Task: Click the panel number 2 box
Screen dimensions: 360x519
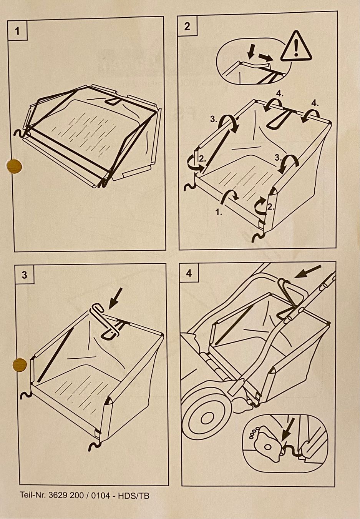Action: [187, 26]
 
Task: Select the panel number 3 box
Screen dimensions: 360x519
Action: [24, 275]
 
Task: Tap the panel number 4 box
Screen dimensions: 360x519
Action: [189, 273]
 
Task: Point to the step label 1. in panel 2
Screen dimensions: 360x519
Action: [219, 212]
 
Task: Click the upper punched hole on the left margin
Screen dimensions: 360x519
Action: [14, 166]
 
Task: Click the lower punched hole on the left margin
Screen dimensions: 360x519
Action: [20, 365]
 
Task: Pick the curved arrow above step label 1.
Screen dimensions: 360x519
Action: [230, 196]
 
